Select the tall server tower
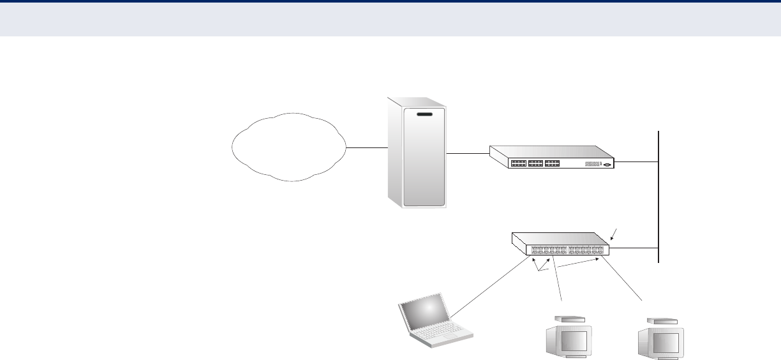pyautogui.click(x=416, y=153)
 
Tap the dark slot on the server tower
pyautogui.click(x=424, y=115)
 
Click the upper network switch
pyautogui.click(x=551, y=157)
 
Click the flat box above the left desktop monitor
pyautogui.click(x=570, y=319)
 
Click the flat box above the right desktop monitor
pyautogui.click(x=661, y=320)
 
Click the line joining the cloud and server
pyautogui.click(x=368, y=148)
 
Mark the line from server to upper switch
pyautogui.click(x=468, y=153)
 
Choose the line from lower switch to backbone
pyautogui.click(x=634, y=248)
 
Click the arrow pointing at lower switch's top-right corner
pyautogui.click(x=614, y=234)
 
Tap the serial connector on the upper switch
pyautogui.click(x=606, y=164)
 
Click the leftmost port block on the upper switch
pyautogui.click(x=519, y=163)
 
